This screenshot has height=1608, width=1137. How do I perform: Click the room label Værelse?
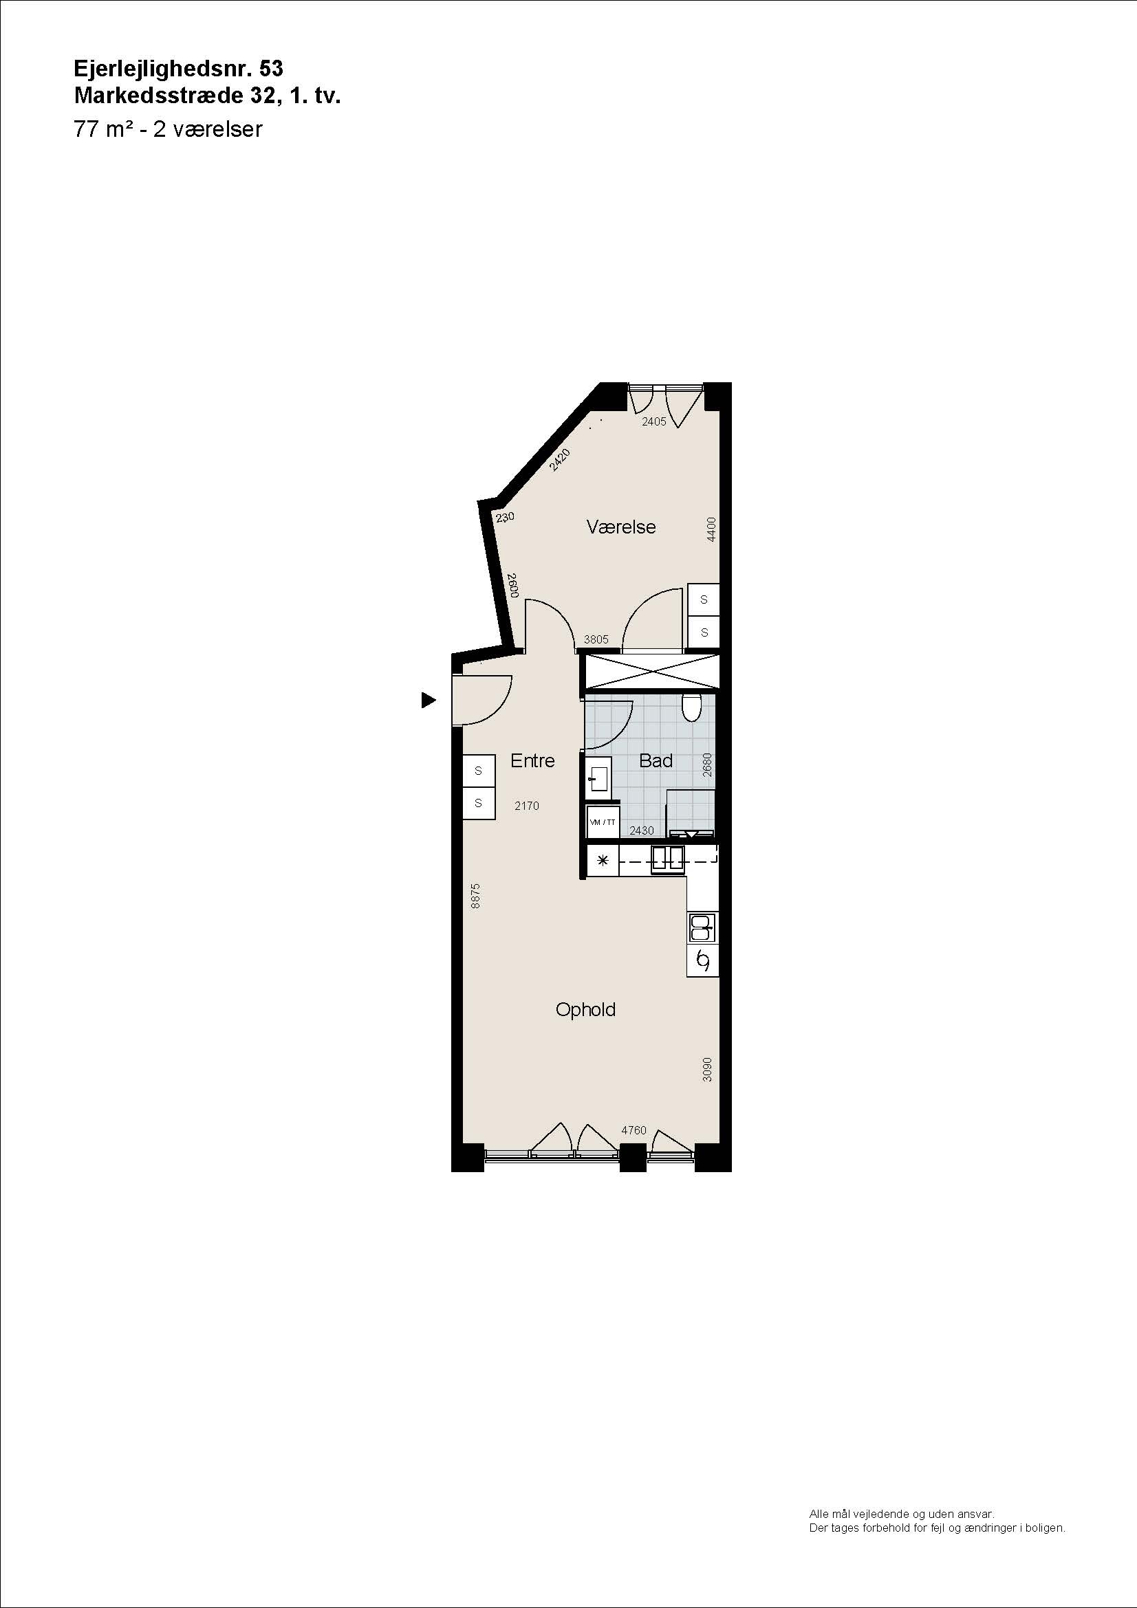click(620, 527)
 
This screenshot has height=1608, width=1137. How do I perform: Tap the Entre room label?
click(532, 760)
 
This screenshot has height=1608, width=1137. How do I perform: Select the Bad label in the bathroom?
click(656, 760)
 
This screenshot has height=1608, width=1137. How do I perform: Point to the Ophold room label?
click(585, 1010)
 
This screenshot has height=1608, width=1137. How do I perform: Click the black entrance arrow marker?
click(428, 700)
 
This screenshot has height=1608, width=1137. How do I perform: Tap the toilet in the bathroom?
click(691, 708)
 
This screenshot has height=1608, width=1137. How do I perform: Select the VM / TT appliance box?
click(603, 822)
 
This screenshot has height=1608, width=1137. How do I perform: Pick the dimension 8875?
click(476, 896)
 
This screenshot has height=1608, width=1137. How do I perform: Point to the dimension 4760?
click(634, 1130)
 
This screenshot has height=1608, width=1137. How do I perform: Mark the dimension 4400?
click(711, 529)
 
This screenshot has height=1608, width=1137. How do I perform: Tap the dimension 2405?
click(654, 421)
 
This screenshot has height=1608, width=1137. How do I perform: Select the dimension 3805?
click(596, 639)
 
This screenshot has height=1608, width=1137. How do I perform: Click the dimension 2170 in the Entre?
click(527, 806)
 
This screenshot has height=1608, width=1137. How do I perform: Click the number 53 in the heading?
click(271, 69)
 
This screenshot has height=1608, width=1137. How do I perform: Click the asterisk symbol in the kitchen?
click(602, 860)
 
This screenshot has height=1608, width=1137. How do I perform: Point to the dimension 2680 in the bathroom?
click(707, 764)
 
